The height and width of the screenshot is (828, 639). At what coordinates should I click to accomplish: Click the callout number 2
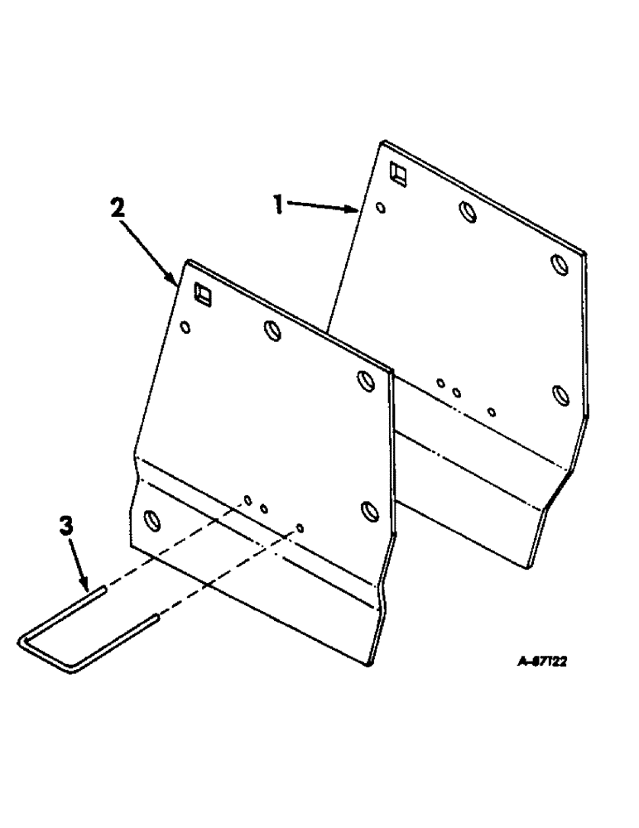(x=118, y=208)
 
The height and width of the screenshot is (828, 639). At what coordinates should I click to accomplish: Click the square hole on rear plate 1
(x=399, y=173)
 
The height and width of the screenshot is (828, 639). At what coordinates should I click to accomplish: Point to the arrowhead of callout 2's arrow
(x=175, y=282)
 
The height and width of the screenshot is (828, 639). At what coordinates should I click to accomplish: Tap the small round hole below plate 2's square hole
(x=185, y=327)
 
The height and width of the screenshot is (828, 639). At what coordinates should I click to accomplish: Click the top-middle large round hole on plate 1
(x=468, y=213)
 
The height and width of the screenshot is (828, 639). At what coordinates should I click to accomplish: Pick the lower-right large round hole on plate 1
(x=560, y=392)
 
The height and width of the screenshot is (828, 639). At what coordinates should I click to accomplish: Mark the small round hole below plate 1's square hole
(x=379, y=208)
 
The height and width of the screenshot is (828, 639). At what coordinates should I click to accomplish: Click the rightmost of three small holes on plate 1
(x=492, y=412)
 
